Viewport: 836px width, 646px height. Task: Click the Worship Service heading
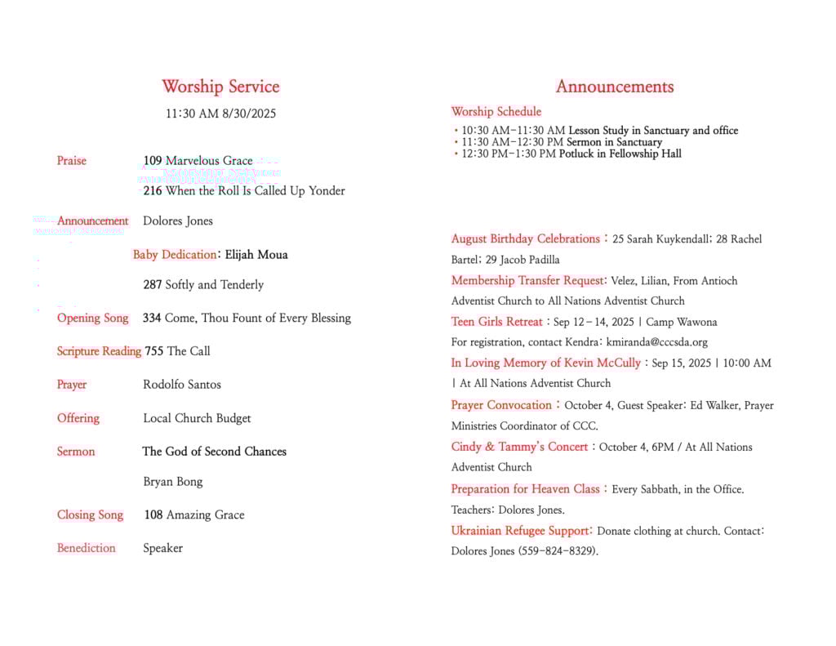click(x=220, y=87)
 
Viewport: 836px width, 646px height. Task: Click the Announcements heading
click(x=615, y=87)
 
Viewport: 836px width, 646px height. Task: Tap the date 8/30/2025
click(x=249, y=114)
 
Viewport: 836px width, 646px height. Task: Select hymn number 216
click(x=153, y=191)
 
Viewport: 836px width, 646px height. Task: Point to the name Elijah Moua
click(x=256, y=255)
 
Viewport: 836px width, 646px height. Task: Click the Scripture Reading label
click(x=99, y=351)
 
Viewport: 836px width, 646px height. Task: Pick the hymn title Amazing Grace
click(x=205, y=515)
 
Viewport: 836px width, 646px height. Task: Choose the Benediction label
click(x=87, y=548)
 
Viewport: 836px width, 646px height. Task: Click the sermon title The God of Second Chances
click(x=214, y=452)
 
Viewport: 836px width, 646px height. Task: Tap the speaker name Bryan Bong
click(x=173, y=482)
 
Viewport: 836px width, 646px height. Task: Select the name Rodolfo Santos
click(x=182, y=385)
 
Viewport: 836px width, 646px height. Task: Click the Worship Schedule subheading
click(x=496, y=112)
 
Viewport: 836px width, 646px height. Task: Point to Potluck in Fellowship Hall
click(x=620, y=154)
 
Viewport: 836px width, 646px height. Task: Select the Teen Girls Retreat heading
click(x=497, y=322)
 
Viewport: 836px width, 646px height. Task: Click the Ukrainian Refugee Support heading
click(x=520, y=531)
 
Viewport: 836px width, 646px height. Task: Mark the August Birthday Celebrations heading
click(x=526, y=239)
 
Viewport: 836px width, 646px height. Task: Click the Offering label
click(x=78, y=418)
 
